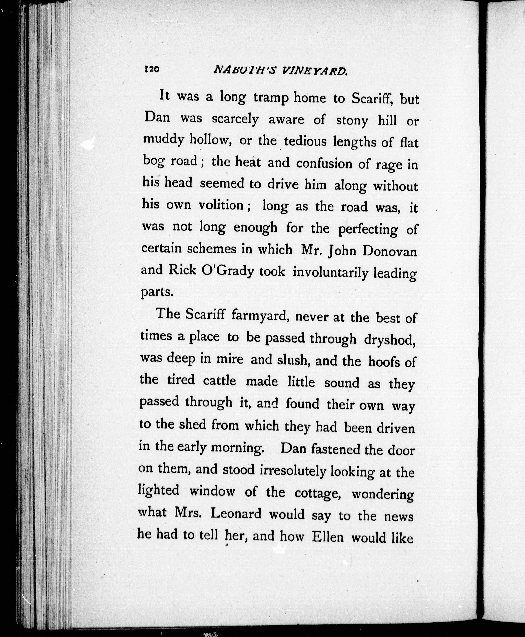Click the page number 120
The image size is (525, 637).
tap(152, 69)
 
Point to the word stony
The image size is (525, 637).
tap(352, 121)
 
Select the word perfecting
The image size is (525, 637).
tap(368, 229)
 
